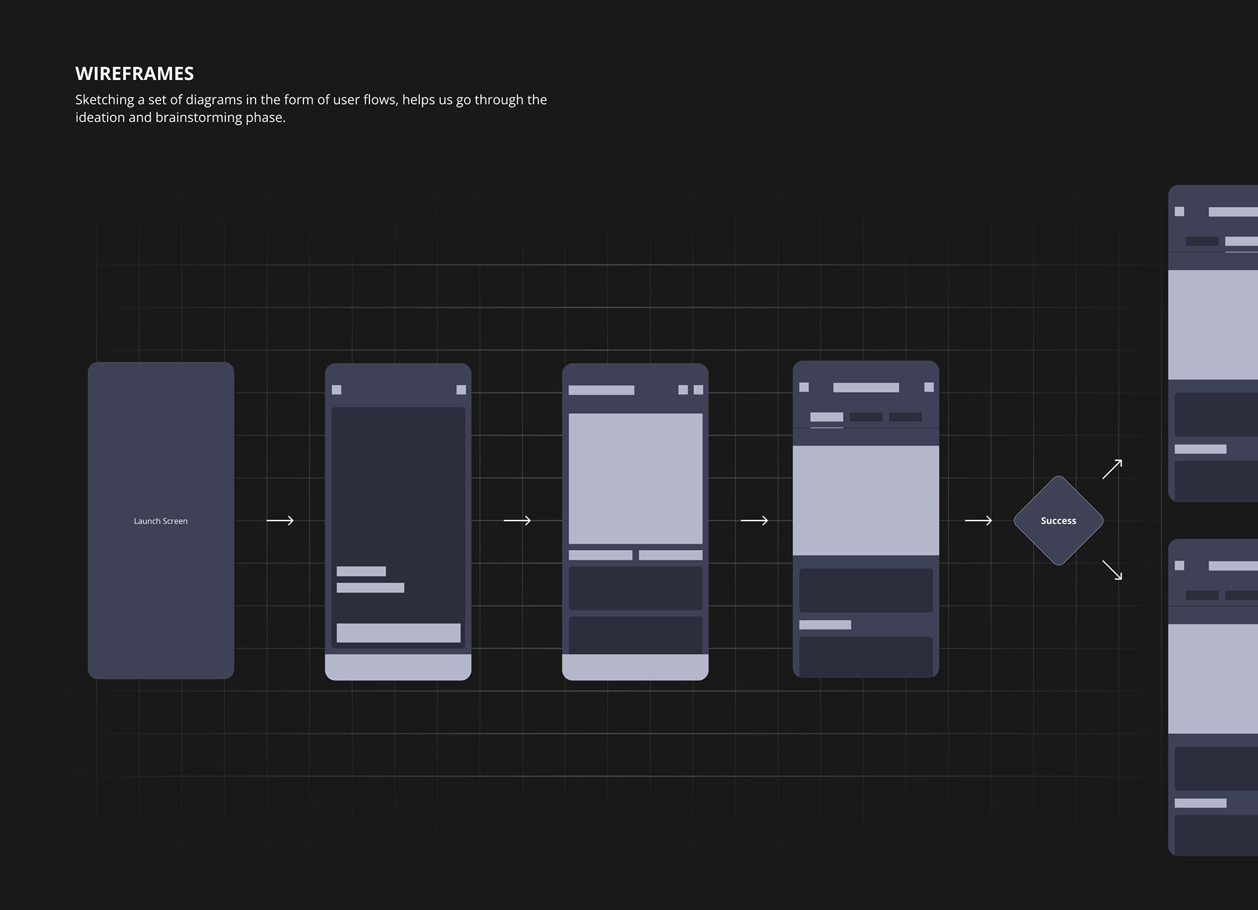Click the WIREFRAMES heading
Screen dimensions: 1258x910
coord(134,73)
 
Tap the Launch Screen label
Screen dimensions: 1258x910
coord(161,521)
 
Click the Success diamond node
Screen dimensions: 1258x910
coord(1058,521)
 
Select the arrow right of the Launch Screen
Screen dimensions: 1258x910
coord(280,521)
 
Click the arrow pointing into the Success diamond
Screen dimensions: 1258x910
coord(978,521)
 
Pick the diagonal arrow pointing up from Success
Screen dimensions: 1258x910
coord(1112,469)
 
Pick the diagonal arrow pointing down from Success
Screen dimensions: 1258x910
coord(1112,570)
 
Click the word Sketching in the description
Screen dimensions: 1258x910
coord(105,100)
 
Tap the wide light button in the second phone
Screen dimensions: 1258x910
coord(398,633)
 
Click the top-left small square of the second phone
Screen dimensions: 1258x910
coord(337,390)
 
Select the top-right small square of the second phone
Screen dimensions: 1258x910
coord(461,390)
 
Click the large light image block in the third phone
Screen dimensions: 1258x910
coord(636,479)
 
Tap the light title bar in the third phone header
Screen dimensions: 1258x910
coord(601,390)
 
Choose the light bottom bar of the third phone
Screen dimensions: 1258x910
coord(636,667)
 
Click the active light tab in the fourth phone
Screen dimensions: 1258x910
coord(827,417)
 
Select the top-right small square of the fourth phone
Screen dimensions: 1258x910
coord(929,387)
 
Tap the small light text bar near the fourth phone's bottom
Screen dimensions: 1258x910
coord(826,625)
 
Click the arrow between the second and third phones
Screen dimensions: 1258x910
coord(517,521)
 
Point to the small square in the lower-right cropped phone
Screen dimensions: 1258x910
coord(1179,566)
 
